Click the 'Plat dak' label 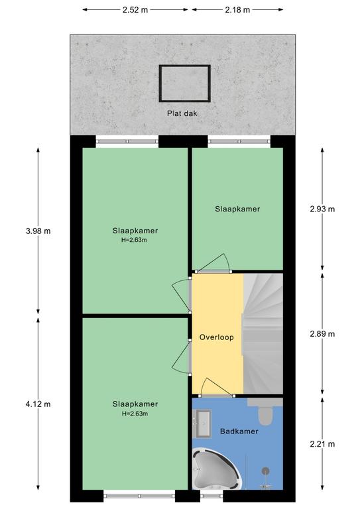pyautogui.click(x=182, y=113)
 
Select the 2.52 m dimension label pyautogui.click(x=135, y=10)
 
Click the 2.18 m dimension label pyautogui.click(x=237, y=10)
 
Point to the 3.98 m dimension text pyautogui.click(x=38, y=231)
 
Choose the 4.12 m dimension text pyautogui.click(x=38, y=404)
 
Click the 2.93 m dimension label pyautogui.click(x=322, y=209)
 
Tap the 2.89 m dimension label pyautogui.click(x=322, y=334)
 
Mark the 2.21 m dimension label pyautogui.click(x=322, y=444)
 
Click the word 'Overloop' pyautogui.click(x=217, y=337)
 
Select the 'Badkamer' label pyautogui.click(x=239, y=431)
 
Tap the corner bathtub pyautogui.click(x=216, y=469)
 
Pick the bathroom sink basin pyautogui.click(x=203, y=424)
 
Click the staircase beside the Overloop pyautogui.click(x=263, y=334)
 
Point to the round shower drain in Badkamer pyautogui.click(x=266, y=471)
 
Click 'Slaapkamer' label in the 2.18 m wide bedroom pyautogui.click(x=237, y=209)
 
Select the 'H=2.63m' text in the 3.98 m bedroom pyautogui.click(x=135, y=240)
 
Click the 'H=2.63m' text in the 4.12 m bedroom pyautogui.click(x=135, y=414)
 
